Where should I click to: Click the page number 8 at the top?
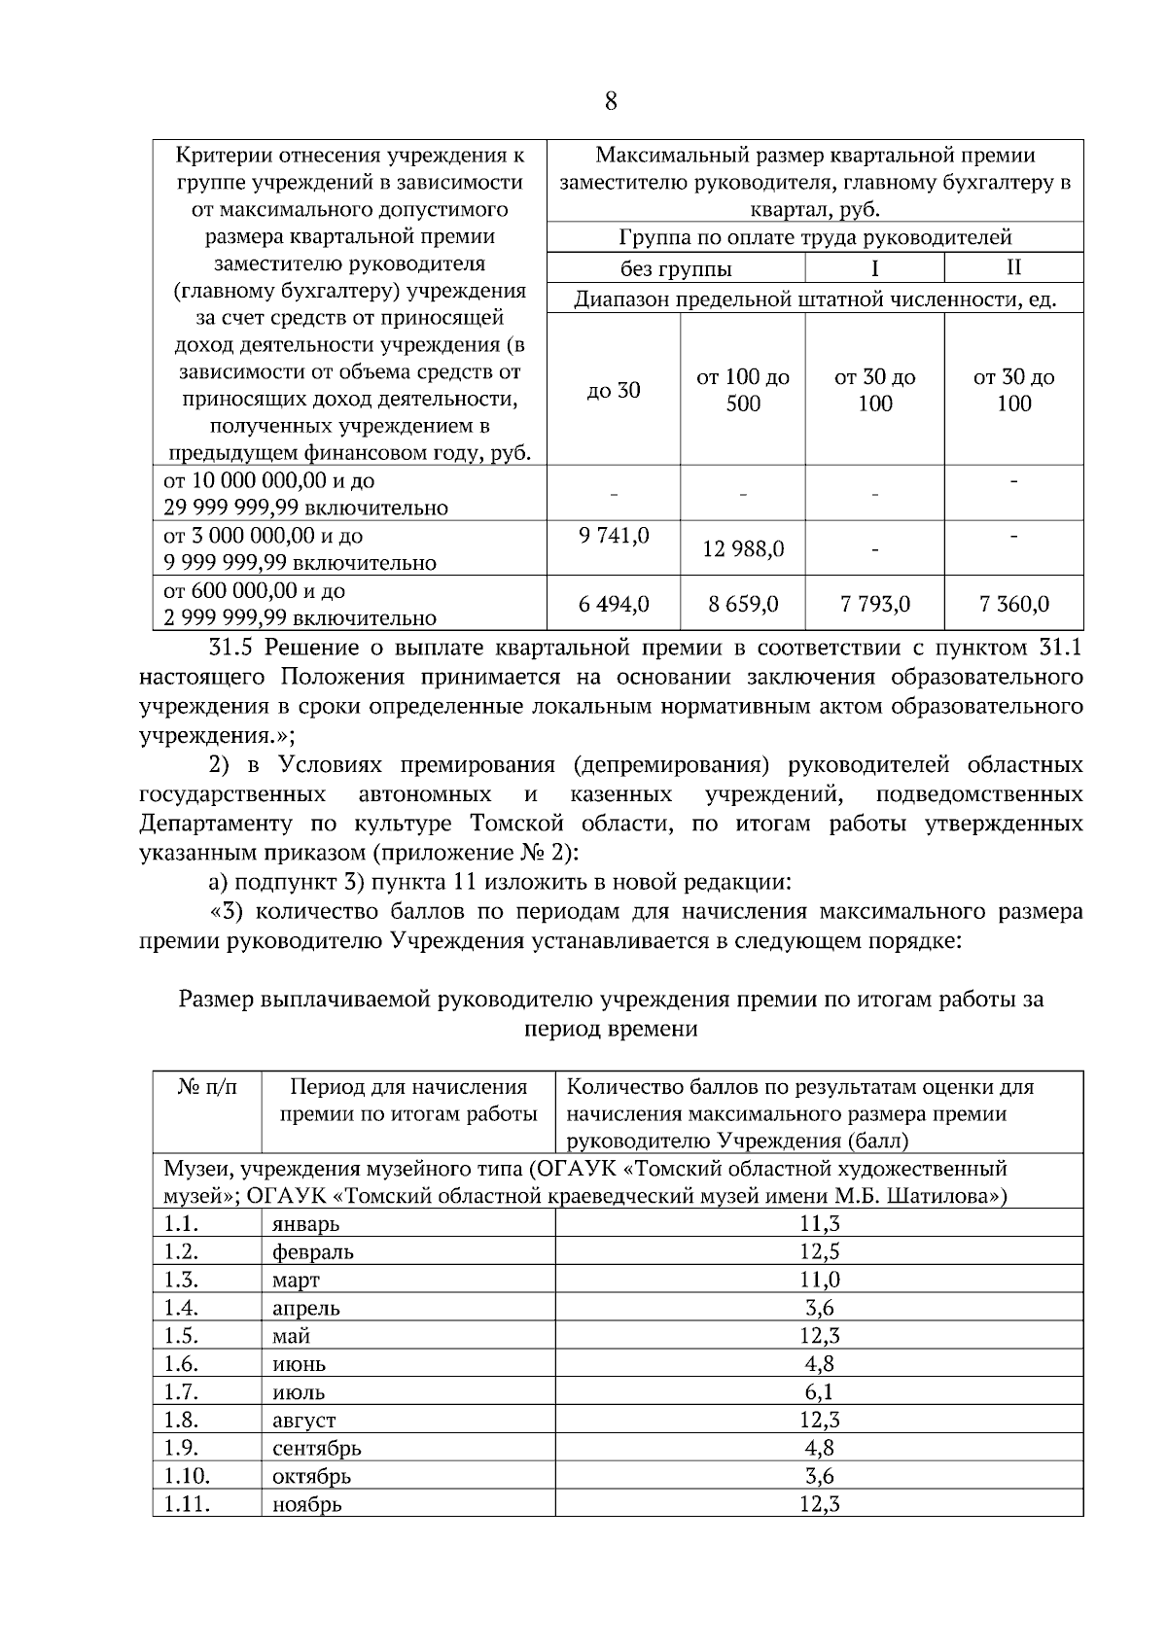(611, 101)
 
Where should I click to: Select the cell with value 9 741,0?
(614, 536)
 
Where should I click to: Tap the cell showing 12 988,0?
(743, 549)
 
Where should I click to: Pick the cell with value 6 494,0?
(614, 605)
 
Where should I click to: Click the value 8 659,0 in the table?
(743, 605)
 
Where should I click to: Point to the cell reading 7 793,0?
(874, 605)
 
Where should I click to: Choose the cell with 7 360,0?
(1013, 605)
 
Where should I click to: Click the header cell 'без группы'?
(676, 269)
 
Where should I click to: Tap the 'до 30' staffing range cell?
(614, 391)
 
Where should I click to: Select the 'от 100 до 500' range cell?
(743, 391)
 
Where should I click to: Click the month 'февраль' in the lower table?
(313, 1252)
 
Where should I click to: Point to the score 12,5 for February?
(819, 1251)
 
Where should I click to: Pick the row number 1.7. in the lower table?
(181, 1391)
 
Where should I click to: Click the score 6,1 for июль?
(819, 1391)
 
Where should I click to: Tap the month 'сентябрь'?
(317, 1448)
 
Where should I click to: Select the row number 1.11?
(187, 1503)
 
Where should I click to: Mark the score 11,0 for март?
(819, 1280)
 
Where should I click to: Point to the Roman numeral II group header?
(1013, 267)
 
